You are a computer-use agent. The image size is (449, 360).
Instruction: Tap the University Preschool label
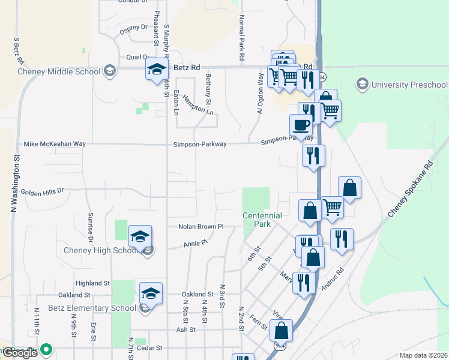[x=409, y=83]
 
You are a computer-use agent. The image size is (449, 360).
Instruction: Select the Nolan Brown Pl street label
[x=200, y=227]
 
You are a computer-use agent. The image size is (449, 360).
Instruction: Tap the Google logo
[x=20, y=353]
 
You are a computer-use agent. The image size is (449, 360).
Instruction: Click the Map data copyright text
[x=423, y=355]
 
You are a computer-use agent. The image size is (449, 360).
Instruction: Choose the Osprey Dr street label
[x=133, y=27]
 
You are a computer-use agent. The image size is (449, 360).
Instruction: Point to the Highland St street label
[x=92, y=283]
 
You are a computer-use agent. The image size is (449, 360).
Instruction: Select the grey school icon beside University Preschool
[x=363, y=83]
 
